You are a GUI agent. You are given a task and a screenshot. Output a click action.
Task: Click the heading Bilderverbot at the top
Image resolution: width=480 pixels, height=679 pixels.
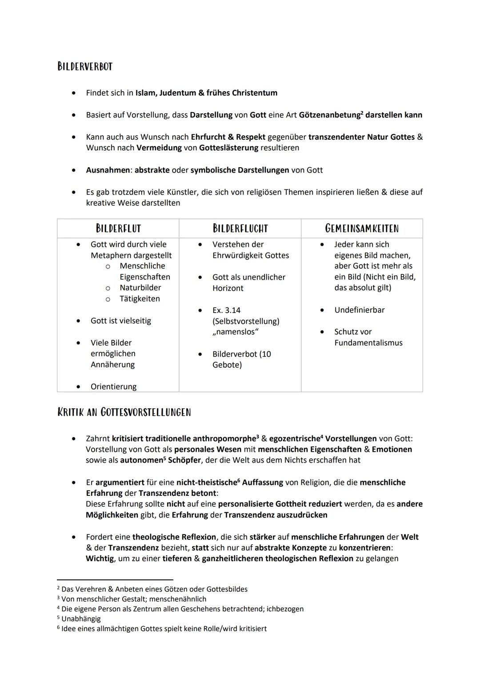coord(85,67)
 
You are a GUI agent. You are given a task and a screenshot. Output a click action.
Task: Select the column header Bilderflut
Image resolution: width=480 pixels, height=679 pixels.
coord(118,229)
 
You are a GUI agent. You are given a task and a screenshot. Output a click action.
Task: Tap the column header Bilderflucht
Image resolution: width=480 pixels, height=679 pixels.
coord(240,229)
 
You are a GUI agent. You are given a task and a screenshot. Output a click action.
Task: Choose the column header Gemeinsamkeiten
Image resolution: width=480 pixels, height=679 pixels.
coord(362,229)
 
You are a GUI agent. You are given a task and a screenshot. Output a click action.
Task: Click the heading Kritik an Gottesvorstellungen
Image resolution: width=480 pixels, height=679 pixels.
coord(124,412)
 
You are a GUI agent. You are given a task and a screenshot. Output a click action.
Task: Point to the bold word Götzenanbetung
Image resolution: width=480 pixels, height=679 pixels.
coord(329,115)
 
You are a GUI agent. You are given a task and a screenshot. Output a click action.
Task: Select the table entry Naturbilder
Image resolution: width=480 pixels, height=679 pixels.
coord(140,288)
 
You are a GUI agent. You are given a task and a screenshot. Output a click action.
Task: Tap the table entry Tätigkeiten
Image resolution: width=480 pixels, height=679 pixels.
coord(140,299)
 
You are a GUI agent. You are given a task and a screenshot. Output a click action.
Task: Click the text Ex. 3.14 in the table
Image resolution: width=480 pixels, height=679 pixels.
coord(226,310)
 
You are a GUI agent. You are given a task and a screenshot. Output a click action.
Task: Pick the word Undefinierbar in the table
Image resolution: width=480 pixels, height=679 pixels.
coord(359,310)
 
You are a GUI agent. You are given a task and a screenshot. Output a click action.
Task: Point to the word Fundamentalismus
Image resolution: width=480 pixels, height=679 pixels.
coord(368,343)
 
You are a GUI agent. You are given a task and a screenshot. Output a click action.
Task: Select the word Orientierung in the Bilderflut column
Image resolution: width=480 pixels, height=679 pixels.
coord(113,387)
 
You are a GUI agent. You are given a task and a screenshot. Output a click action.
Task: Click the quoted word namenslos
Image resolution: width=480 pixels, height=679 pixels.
coord(236,332)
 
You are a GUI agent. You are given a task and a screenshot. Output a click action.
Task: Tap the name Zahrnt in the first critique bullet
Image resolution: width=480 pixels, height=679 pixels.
coord(98,438)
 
